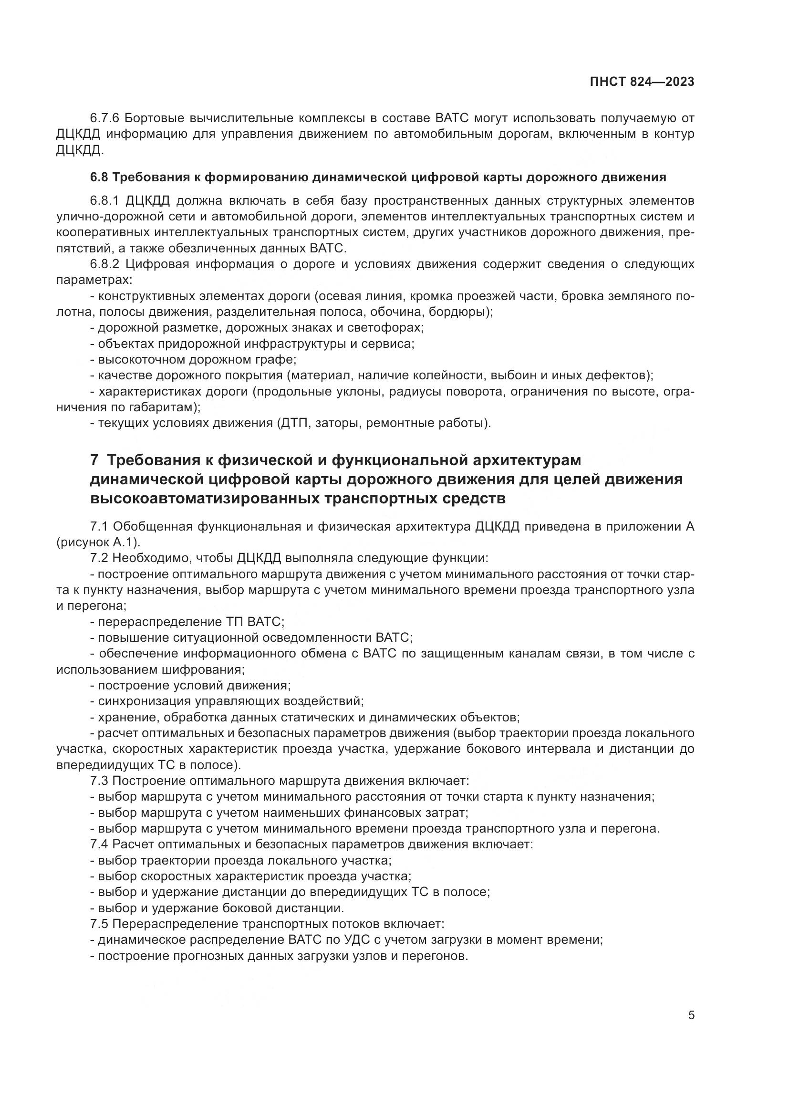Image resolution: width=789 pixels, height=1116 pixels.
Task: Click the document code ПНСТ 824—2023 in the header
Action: [642, 82]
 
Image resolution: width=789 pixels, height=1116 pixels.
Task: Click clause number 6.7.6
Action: [104, 118]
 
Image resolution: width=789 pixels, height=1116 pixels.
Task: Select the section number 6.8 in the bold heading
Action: [99, 177]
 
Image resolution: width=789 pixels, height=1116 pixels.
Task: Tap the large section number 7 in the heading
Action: [95, 460]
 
